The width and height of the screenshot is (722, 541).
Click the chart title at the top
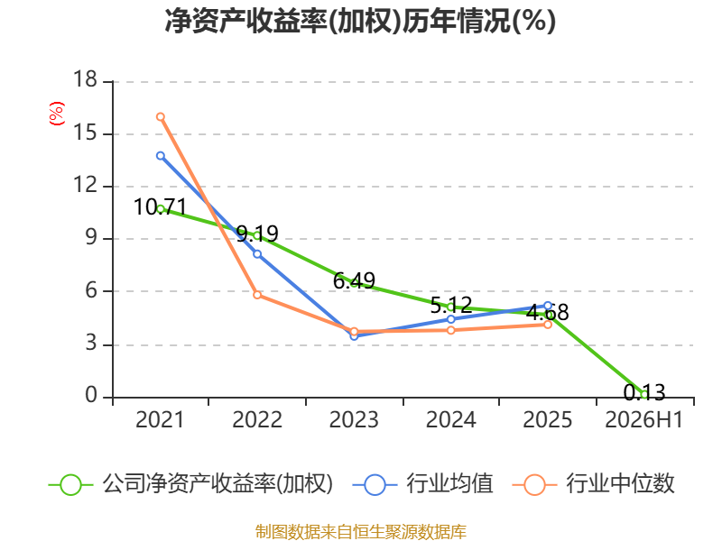coord(360,21)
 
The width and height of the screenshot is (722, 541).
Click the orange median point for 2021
coord(161,117)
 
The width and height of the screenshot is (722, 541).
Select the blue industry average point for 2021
coord(161,156)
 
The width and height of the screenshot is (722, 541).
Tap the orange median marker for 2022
coord(257,295)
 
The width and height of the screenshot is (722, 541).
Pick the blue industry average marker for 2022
coord(257,254)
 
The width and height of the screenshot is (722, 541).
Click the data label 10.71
coord(161,207)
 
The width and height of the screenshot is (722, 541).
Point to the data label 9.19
coord(257,234)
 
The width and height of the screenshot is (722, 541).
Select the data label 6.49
coord(354,280)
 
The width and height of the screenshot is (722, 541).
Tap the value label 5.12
coord(451,305)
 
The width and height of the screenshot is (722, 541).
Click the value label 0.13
coord(644,392)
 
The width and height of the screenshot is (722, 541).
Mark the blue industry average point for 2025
coord(548,306)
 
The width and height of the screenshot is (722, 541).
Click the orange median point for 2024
coord(451,330)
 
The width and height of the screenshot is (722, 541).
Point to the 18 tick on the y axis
coord(85,79)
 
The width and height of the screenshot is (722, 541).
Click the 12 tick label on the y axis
coord(85,185)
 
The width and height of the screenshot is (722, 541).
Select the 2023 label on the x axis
coord(354,420)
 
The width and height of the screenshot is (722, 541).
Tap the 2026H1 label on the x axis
coord(643,420)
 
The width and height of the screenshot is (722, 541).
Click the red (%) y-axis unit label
coord(57,114)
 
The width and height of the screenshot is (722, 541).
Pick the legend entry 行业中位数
coord(620,484)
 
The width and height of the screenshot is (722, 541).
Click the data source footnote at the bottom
coord(361,532)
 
